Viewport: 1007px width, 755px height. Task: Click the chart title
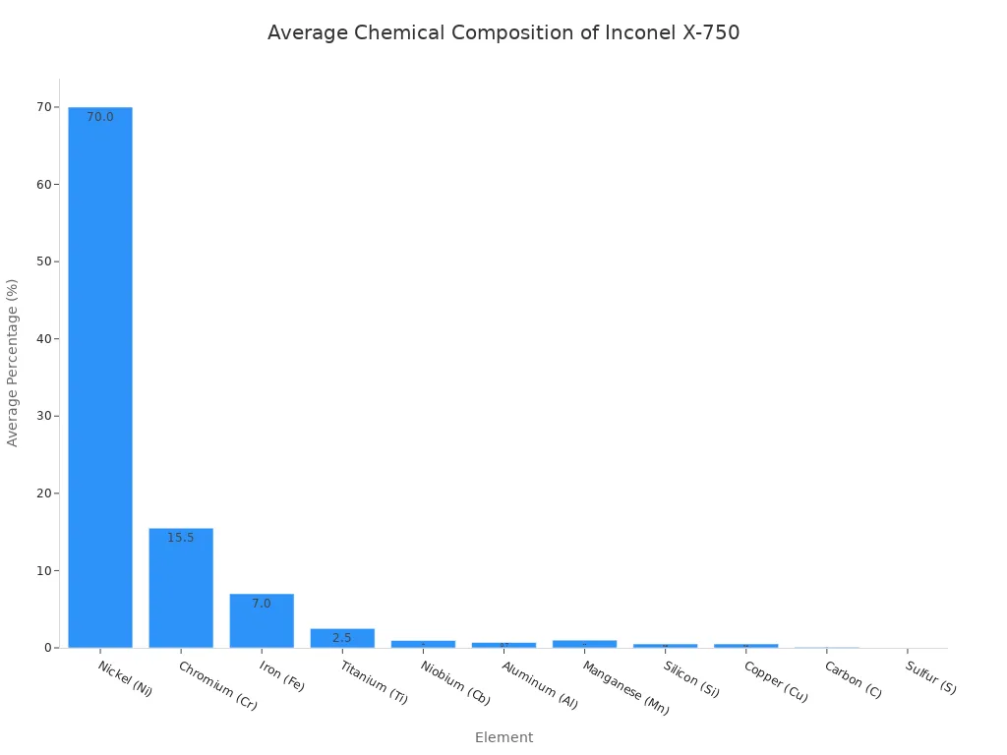coord(503,32)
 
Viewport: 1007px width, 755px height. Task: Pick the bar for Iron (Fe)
coord(262,620)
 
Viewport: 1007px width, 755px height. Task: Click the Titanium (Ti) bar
coord(342,638)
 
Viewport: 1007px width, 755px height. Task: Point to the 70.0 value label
coord(100,117)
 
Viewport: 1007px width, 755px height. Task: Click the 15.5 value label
coord(181,538)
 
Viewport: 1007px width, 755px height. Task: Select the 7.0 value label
coord(262,604)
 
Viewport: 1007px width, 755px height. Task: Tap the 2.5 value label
coord(342,638)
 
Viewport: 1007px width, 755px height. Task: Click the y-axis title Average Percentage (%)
coord(13,363)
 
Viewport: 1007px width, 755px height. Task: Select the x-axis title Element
coord(503,737)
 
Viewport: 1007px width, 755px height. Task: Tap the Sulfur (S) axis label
coord(930,677)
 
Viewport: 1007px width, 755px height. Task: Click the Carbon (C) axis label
coord(853,679)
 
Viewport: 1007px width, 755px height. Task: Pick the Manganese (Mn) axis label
coord(625,687)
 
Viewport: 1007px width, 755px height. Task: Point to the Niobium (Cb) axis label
coord(455,683)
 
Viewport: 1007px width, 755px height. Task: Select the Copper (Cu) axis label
coord(775,681)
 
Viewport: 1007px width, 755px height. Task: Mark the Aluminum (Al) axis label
coord(540,684)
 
